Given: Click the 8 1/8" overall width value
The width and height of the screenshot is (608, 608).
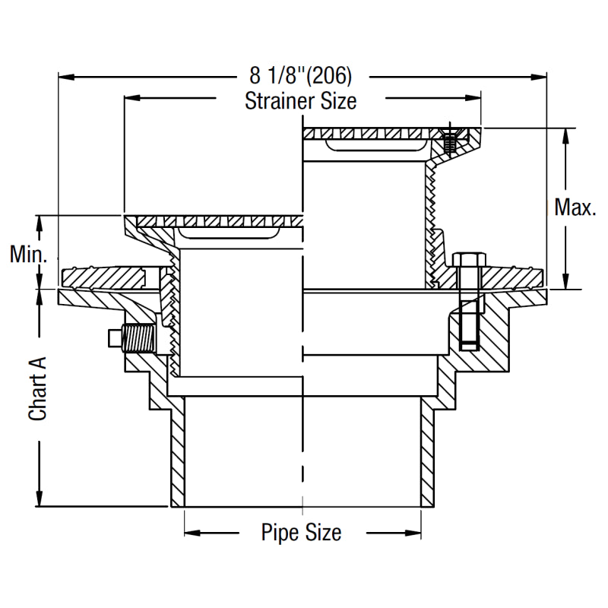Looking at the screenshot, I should (x=275, y=76).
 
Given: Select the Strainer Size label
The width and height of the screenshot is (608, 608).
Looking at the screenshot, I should (x=300, y=100).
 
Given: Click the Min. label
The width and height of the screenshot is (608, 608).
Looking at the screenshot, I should (x=29, y=254).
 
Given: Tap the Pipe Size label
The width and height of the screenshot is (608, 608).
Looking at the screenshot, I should (x=301, y=532).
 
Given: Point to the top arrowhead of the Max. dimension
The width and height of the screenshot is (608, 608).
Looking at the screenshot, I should (x=564, y=134).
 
